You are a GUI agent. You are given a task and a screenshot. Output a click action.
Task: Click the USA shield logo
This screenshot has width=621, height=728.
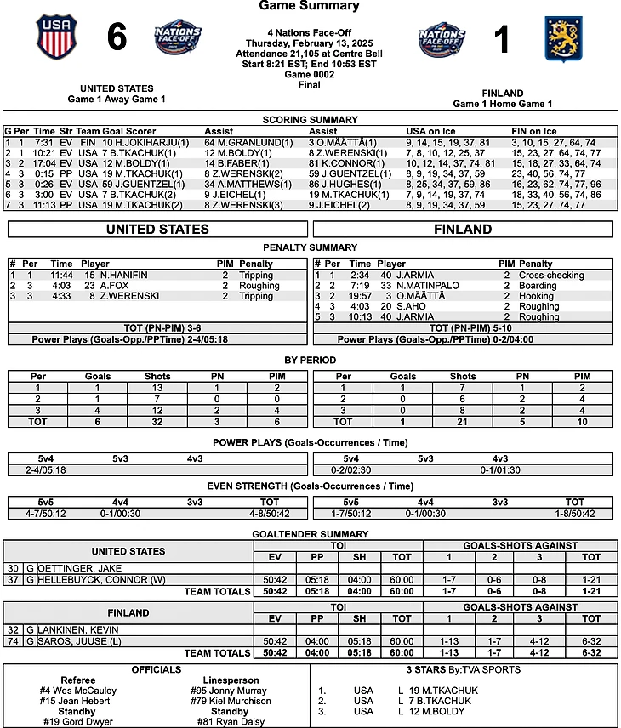56,37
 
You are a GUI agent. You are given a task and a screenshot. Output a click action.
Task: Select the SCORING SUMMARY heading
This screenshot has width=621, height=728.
310,120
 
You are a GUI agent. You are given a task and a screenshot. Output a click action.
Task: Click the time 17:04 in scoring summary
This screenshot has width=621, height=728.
46,162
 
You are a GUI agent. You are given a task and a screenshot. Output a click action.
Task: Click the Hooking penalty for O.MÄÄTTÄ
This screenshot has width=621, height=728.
537,296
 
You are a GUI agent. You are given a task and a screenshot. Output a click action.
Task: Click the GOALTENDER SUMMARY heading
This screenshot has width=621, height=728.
310,533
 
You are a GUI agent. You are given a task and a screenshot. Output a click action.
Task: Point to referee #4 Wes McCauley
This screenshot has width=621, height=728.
78,691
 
